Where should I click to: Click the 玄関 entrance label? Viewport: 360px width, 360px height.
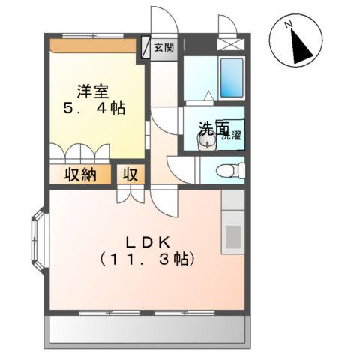tap(164, 47)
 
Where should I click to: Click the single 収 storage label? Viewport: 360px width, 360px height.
tap(129, 175)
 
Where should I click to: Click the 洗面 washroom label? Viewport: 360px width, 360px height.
tap(212, 129)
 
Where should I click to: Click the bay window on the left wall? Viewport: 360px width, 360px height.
tap(37, 235)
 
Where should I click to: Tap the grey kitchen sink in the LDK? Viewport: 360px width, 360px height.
tap(233, 235)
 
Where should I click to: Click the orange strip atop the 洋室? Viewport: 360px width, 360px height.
tap(95, 46)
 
